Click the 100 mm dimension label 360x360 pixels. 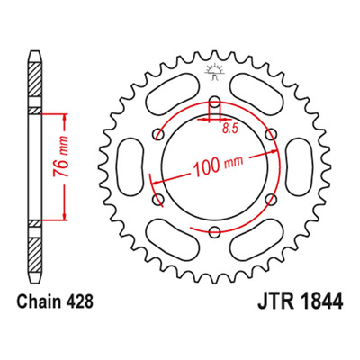coord(218,165)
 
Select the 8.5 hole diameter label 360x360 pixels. coord(230,129)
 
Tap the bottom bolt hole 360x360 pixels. coord(214,231)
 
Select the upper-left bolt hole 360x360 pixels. coord(158,134)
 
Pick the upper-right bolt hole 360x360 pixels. coord(271,134)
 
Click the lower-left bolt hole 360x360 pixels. coord(158,199)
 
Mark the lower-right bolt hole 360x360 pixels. coord(271,199)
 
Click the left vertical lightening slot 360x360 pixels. coord(130,166)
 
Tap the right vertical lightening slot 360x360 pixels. coord(299,166)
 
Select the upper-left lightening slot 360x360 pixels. coord(172,94)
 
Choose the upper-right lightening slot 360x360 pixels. coord(256,94)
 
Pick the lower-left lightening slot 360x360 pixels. coord(172,240)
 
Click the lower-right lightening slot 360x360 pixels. coord(256,240)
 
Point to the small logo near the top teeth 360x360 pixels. coord(214,72)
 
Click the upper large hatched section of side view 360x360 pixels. coord(34,79)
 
